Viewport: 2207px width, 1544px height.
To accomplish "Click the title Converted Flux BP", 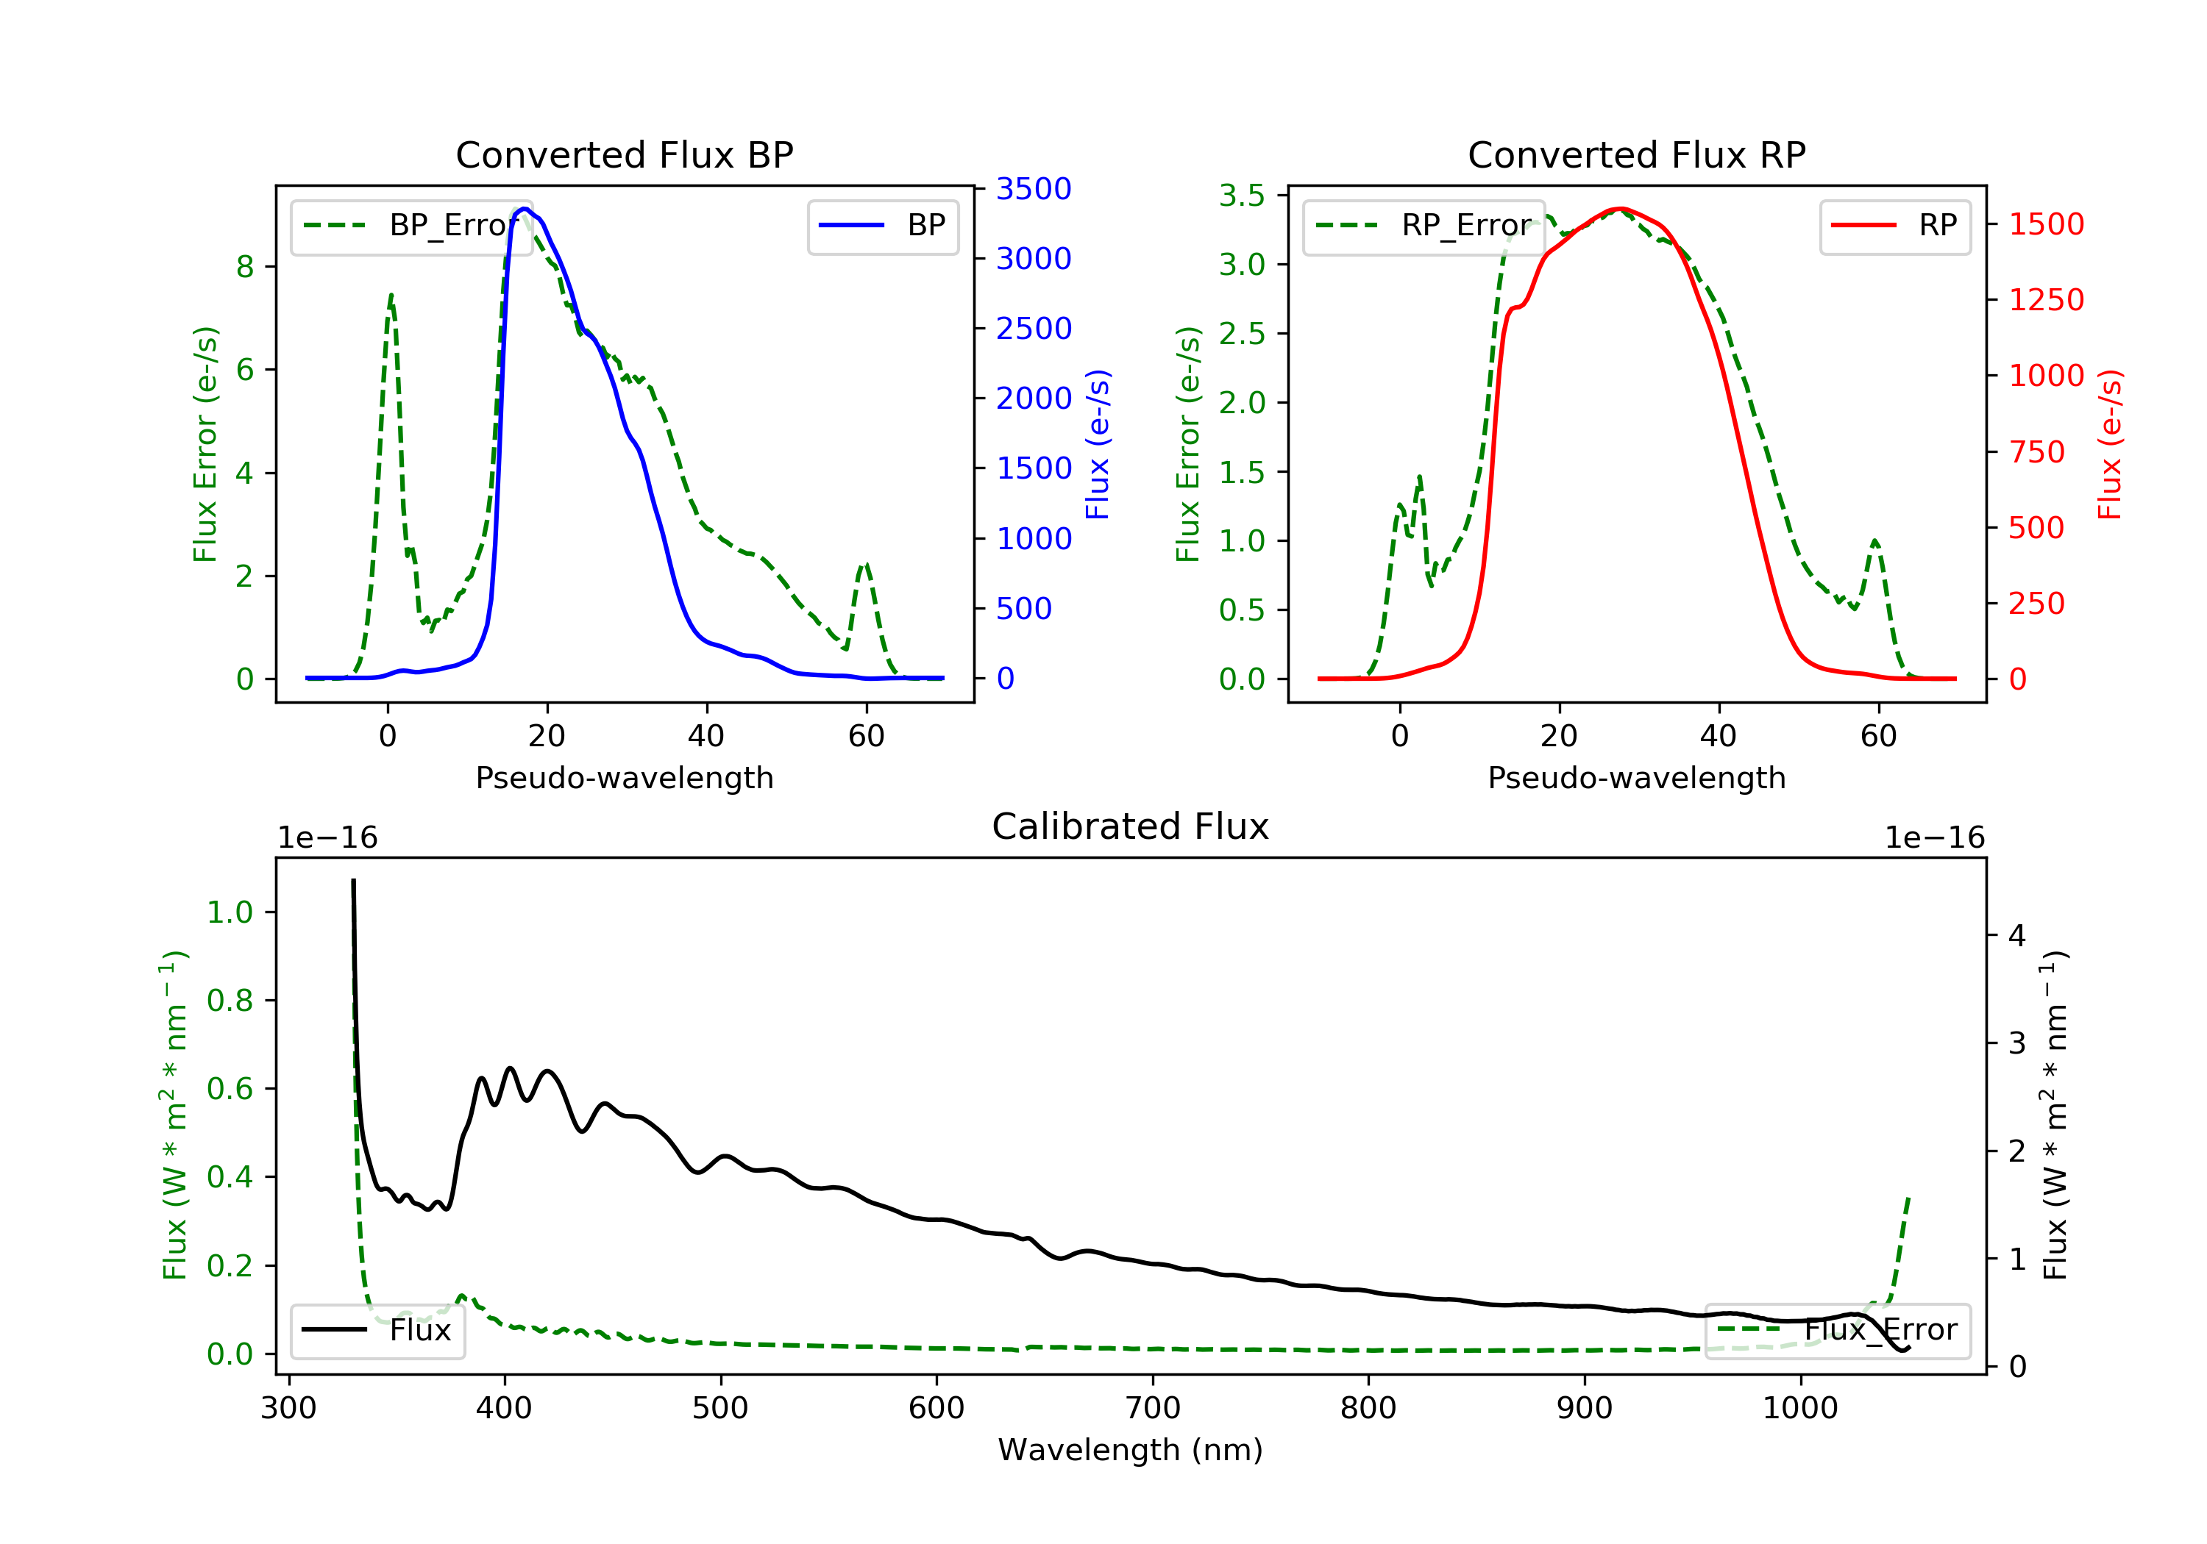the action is pos(624,154).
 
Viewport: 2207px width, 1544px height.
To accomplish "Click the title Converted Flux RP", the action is pos(1636,154).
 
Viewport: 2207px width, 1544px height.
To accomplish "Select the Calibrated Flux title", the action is pos(1131,826).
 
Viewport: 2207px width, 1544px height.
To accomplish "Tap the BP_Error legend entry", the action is pos(411,226).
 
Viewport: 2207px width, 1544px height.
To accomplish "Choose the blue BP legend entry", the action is pos(882,226).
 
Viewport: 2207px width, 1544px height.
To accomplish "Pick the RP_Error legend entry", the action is pos(1424,226).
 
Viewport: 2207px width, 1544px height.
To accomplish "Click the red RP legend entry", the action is pos(1894,226).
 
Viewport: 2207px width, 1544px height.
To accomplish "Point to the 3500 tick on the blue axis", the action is pos(1034,188).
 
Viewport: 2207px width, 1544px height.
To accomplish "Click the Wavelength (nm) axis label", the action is pos(1131,1450).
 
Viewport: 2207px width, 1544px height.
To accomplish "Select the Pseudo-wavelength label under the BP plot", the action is pos(625,777).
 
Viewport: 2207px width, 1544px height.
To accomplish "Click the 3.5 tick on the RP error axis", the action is pos(1242,196).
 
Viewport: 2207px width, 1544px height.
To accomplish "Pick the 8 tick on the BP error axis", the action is pos(245,266).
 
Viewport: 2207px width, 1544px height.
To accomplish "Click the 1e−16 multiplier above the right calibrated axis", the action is pos(1934,838).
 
